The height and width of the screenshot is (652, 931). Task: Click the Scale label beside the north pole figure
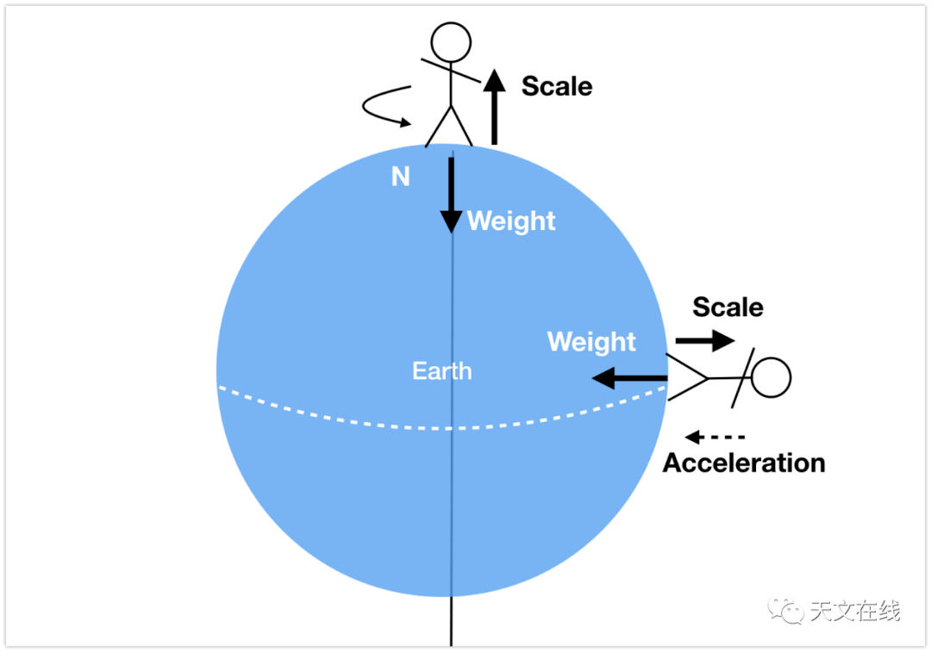coord(557,87)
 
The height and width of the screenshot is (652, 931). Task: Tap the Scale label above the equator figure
coord(728,307)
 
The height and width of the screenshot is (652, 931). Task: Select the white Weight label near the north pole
coord(511,221)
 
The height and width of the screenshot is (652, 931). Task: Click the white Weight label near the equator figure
coord(591,342)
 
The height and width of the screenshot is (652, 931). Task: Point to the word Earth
coord(442,371)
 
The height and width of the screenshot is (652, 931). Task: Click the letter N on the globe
coord(401,177)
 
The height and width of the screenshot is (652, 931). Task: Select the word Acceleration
coord(744,463)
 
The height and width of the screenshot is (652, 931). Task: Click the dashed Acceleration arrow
coord(715,438)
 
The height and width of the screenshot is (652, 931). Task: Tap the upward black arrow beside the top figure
coord(494,107)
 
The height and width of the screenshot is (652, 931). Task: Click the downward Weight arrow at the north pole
coord(451,196)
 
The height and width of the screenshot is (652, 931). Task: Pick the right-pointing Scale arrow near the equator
coord(705,340)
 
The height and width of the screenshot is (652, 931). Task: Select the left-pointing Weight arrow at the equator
coord(630,378)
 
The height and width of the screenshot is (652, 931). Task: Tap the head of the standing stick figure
coord(451,42)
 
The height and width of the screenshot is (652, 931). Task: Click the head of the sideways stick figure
coord(772,377)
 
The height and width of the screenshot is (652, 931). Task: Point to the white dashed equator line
coord(442,427)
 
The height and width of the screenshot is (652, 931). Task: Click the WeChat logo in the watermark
coord(785,610)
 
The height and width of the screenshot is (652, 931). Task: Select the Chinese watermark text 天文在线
coord(856,611)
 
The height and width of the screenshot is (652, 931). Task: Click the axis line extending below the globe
coord(451,620)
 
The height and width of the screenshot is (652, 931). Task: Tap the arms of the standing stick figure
coord(451,71)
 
